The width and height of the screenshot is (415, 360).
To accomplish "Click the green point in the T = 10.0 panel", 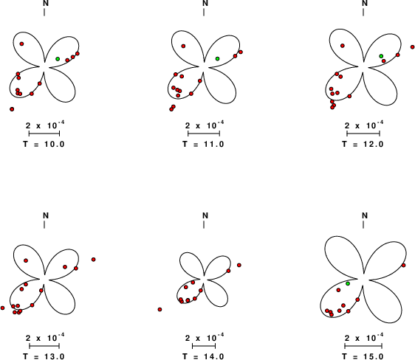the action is point(58,59).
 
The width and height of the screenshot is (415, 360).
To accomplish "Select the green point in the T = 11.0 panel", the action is point(217,58).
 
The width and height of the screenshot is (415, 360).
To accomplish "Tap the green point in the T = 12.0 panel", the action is point(381,56).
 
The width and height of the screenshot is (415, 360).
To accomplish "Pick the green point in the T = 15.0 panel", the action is point(348,283).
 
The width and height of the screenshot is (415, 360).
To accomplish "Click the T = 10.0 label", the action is point(44,145).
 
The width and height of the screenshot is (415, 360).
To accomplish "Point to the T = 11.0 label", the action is point(203,145).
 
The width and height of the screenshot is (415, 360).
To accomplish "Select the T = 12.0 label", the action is point(363,145).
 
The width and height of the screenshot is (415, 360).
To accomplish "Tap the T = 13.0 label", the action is point(44,356).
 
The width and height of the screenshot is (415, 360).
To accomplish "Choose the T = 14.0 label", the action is point(203,356).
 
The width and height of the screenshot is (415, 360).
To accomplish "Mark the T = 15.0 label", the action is point(363,356).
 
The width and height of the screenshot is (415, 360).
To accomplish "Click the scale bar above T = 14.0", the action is point(204,346).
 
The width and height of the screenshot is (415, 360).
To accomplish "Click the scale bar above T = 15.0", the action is point(363,346).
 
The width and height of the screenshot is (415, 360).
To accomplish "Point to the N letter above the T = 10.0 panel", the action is point(46,3).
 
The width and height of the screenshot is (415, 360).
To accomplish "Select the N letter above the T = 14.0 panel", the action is point(205,215).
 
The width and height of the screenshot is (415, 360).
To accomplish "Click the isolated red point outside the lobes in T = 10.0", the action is point(12,109).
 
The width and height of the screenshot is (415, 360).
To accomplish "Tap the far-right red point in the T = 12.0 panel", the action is point(412,47).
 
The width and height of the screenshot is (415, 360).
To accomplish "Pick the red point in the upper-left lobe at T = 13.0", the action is point(26,260).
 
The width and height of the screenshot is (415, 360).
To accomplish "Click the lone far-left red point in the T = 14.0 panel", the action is point(160,309).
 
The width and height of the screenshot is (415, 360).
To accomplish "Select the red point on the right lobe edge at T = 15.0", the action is point(403,265).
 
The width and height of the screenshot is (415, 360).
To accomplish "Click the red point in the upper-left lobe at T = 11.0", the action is point(183,46).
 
